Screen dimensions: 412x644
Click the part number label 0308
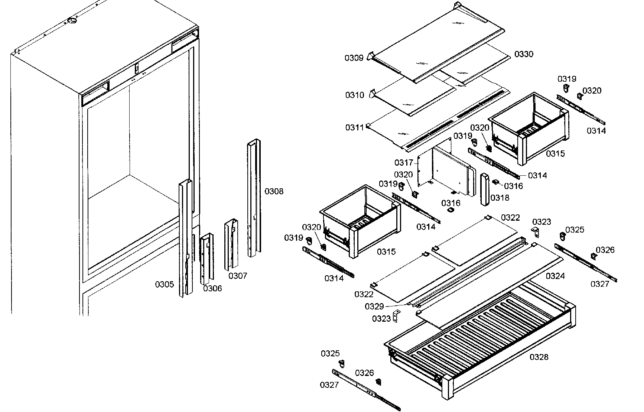click(x=274, y=191)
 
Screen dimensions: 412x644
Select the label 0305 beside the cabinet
click(x=164, y=285)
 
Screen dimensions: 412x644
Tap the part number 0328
click(x=539, y=357)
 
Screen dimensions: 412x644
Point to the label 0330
click(x=524, y=54)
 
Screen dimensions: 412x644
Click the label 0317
click(x=404, y=163)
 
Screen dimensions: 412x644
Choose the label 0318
click(x=500, y=198)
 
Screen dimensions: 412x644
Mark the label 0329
click(x=374, y=306)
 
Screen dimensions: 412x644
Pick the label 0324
click(x=555, y=276)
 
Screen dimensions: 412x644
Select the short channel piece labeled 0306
click(x=207, y=258)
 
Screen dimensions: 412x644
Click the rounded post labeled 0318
click(x=485, y=189)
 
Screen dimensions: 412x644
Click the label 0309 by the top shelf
click(x=354, y=58)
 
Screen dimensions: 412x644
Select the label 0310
click(x=355, y=95)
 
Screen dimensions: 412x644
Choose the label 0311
click(x=355, y=128)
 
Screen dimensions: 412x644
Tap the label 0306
click(x=212, y=288)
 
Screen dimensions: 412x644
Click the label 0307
click(x=238, y=276)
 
